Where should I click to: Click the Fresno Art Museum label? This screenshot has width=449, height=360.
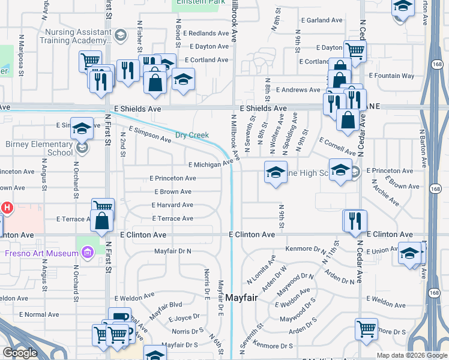pyautogui.click(x=38, y=253)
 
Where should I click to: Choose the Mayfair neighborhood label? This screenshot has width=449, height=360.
pyautogui.click(x=246, y=296)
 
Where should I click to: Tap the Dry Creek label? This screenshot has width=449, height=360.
pyautogui.click(x=191, y=136)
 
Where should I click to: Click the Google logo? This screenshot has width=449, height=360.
pyautogui.click(x=20, y=353)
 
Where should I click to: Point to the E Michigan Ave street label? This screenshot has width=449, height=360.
pyautogui.click(x=209, y=164)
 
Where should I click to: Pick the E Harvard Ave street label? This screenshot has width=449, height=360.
pyautogui.click(x=172, y=205)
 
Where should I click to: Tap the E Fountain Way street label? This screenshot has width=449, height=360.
pyautogui.click(x=391, y=76)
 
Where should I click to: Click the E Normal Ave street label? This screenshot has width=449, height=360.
pyautogui.click(x=39, y=314)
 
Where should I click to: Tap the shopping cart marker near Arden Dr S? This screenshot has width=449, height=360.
pyautogui.click(x=366, y=329)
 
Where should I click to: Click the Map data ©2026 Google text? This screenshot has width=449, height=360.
pyautogui.click(x=411, y=355)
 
